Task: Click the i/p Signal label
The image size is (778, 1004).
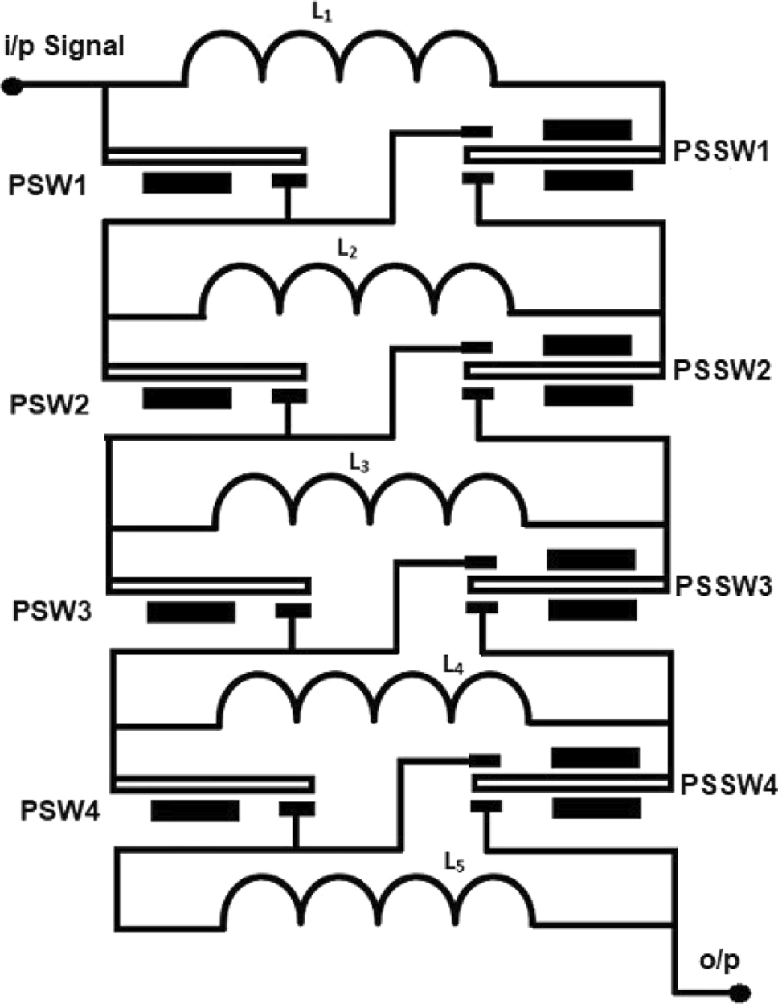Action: pyautogui.click(x=65, y=46)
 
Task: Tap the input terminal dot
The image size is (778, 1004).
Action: pyautogui.click(x=13, y=85)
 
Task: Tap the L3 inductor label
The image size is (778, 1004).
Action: pyautogui.click(x=359, y=463)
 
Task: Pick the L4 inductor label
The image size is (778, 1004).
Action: pyautogui.click(x=452, y=664)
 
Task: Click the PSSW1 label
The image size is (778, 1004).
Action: pyautogui.click(x=722, y=151)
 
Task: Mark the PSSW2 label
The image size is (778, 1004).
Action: pyautogui.click(x=722, y=371)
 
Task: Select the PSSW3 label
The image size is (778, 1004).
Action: pyautogui.click(x=723, y=585)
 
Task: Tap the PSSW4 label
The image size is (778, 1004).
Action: pyautogui.click(x=728, y=785)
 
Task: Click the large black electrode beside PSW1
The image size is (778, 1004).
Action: pyautogui.click(x=187, y=182)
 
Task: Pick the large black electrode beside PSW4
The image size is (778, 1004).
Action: pyautogui.click(x=195, y=810)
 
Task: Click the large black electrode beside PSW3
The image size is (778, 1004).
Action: pyautogui.click(x=191, y=613)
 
